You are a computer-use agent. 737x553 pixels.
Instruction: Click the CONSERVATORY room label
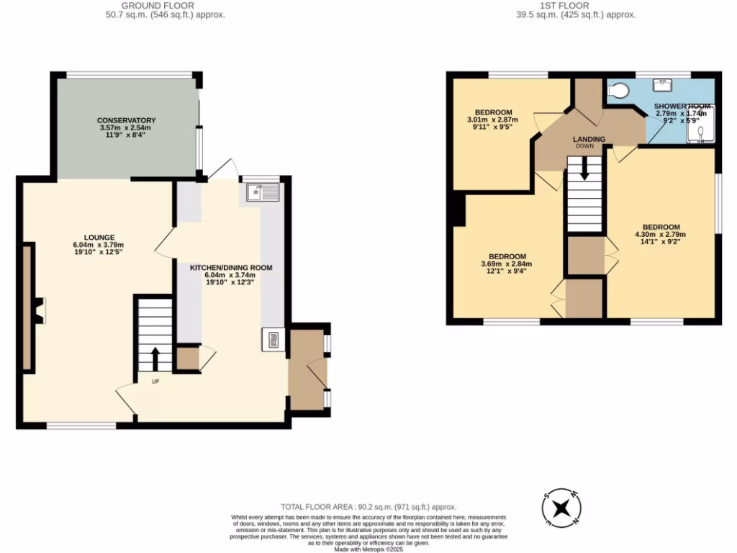[127, 120]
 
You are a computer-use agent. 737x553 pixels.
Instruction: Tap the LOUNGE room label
[99, 237]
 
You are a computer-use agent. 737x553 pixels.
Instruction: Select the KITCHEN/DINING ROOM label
[230, 267]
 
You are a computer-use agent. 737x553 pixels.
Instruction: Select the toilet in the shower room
[618, 90]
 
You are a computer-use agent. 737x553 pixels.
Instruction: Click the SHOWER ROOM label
[682, 107]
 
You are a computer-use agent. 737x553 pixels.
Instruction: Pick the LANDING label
[589, 139]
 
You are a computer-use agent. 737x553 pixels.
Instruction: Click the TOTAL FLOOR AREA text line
[368, 507]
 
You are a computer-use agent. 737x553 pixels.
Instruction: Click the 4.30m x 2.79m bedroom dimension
[660, 234]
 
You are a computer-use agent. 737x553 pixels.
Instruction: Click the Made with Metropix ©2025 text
[368, 549]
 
